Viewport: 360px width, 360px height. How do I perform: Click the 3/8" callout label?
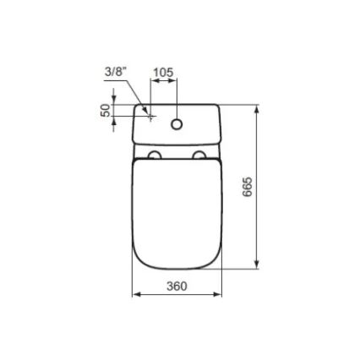tap(115, 73)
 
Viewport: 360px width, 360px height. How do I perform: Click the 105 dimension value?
tap(162, 73)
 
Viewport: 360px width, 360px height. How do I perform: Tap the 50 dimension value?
tap(106, 111)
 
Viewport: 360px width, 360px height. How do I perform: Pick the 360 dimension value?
tap(176, 286)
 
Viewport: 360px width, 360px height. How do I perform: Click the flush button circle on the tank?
tap(177, 124)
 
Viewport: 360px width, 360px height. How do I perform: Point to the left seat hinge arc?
tap(155, 156)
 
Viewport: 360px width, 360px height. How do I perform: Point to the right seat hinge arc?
tap(199, 156)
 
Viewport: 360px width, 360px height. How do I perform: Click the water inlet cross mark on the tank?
tap(150, 119)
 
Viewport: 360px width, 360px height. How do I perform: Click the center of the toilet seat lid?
tap(177, 211)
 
